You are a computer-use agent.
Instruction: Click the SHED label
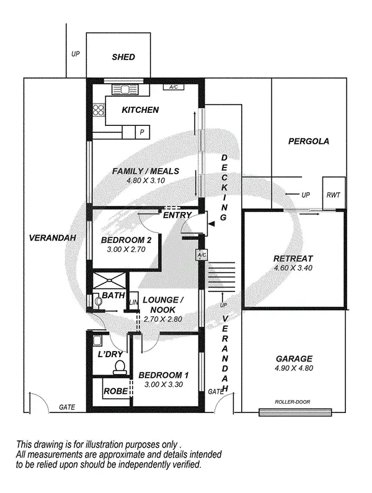click(x=123, y=57)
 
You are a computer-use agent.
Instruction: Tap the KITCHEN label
click(x=140, y=110)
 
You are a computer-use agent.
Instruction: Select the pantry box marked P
click(x=142, y=131)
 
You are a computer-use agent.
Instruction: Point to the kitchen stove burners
click(x=98, y=111)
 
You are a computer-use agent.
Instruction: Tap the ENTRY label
click(x=176, y=215)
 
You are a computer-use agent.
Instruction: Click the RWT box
click(x=333, y=195)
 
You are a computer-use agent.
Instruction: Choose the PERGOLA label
click(x=309, y=141)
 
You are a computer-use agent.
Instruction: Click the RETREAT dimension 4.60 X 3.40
click(x=293, y=269)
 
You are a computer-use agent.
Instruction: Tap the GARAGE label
click(x=293, y=358)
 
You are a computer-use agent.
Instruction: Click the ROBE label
click(x=116, y=391)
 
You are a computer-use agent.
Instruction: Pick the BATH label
click(x=113, y=295)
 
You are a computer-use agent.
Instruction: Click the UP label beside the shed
click(x=76, y=54)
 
